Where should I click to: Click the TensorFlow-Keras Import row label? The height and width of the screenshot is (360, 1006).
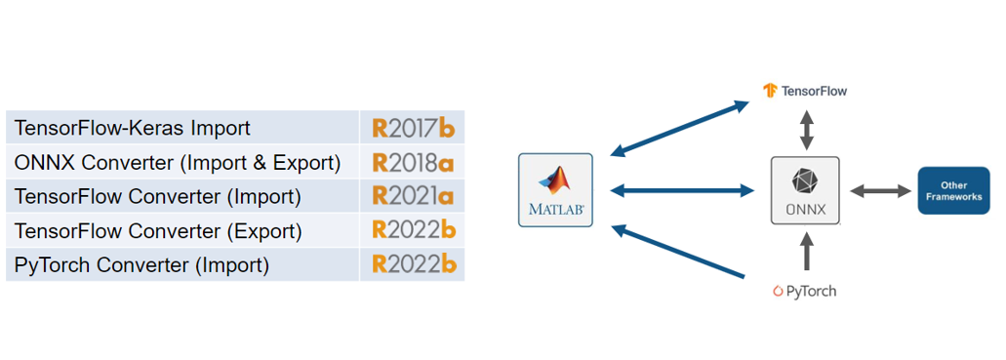(132, 128)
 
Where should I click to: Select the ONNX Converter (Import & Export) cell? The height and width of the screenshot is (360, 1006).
(177, 162)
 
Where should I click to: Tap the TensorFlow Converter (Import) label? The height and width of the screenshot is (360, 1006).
(157, 196)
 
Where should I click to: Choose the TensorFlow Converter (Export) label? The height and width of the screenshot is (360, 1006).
(157, 231)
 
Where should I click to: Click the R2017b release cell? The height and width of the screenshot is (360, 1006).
(413, 128)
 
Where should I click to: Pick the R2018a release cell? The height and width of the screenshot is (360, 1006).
(413, 162)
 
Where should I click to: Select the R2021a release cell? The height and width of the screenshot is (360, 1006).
(413, 196)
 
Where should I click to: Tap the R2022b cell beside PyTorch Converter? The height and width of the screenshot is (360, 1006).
(413, 265)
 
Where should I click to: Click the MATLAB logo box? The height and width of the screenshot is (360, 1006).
(556, 190)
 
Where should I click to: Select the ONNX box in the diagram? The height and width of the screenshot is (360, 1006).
(804, 190)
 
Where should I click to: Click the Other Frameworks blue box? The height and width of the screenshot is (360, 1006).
(954, 190)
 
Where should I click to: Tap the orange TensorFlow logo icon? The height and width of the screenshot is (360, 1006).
(770, 91)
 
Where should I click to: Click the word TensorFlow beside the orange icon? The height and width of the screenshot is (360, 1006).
(815, 91)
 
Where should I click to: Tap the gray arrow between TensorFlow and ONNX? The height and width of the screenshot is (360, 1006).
(805, 128)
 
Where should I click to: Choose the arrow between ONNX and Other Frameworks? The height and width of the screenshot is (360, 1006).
(878, 190)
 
